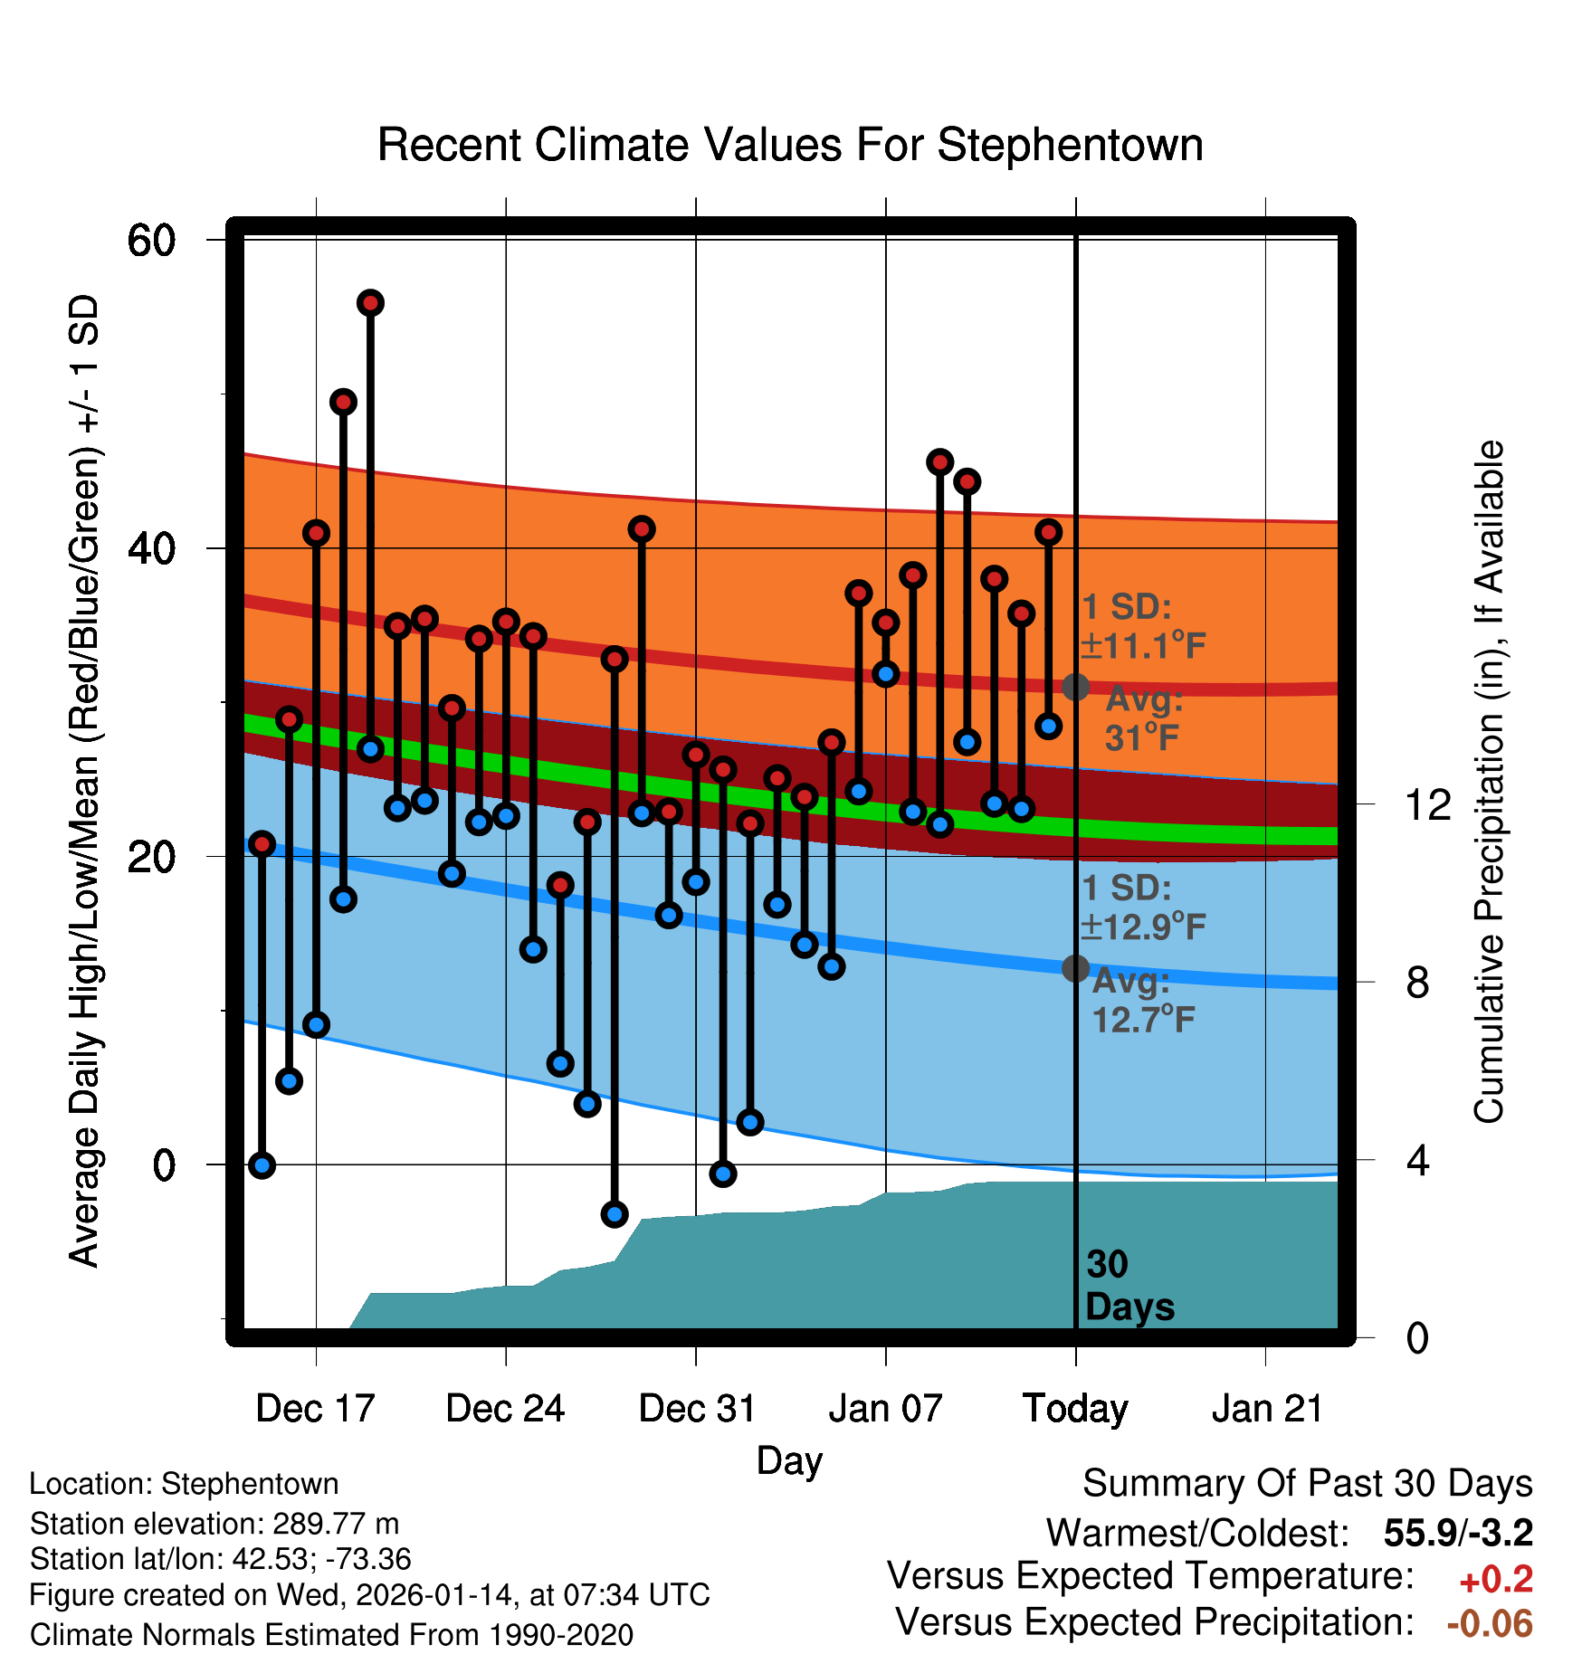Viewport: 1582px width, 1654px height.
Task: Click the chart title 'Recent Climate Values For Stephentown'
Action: point(790,145)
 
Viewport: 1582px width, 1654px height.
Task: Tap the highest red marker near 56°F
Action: point(370,303)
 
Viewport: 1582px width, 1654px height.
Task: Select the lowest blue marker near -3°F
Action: point(615,1214)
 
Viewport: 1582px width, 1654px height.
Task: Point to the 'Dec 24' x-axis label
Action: point(505,1409)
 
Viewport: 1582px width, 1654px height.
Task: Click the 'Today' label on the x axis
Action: point(1075,1409)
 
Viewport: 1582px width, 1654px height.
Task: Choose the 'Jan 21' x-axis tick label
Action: point(1267,1409)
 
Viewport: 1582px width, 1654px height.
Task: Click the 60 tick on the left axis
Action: point(151,241)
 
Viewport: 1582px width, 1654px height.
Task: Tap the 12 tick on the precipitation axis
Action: point(1427,804)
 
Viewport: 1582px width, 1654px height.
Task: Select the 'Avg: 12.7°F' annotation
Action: point(1142,1001)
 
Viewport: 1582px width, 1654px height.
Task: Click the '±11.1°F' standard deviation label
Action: point(1144,645)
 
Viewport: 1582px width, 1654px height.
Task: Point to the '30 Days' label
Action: point(1129,1286)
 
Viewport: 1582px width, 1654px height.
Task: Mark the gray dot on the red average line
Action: point(1075,687)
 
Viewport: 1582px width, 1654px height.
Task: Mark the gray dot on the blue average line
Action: point(1075,968)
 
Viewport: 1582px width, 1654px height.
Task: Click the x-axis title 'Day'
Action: point(789,1461)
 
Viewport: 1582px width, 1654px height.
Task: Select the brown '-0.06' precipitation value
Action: point(1490,1623)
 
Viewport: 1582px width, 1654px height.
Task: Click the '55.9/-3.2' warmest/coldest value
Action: point(1458,1533)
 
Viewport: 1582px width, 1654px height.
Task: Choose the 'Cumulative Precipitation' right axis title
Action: point(1489,782)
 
